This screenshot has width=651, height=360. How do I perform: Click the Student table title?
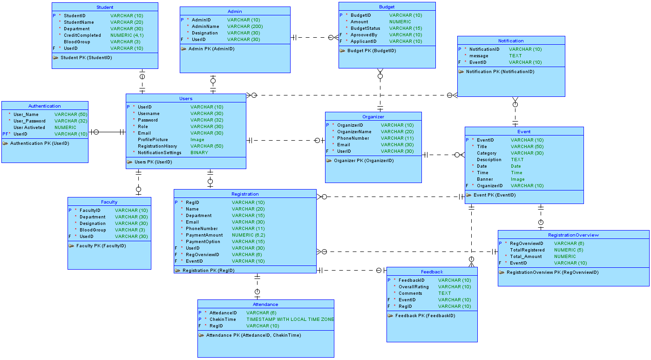(x=105, y=7)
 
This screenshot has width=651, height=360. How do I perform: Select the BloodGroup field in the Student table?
(x=77, y=42)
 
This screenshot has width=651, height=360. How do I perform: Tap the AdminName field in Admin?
(x=205, y=27)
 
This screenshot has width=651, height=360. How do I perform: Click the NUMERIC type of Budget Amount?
(x=400, y=22)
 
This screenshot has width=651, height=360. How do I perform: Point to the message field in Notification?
(x=479, y=56)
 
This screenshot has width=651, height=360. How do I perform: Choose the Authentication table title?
(x=44, y=106)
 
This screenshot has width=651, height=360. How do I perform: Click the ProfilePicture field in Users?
(x=153, y=140)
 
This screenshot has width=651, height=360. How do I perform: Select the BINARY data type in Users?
(x=199, y=153)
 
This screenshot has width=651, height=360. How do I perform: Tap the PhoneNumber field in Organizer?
(x=353, y=138)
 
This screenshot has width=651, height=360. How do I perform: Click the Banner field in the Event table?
(x=485, y=179)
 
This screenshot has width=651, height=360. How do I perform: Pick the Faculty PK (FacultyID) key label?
(x=101, y=246)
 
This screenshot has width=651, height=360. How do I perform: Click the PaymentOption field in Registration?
(x=203, y=242)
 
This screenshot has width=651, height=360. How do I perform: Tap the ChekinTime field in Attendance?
(x=223, y=319)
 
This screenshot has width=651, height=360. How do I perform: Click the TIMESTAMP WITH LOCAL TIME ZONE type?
(x=290, y=319)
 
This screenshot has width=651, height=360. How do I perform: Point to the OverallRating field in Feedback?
(x=414, y=287)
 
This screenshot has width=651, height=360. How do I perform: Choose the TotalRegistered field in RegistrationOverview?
(x=527, y=250)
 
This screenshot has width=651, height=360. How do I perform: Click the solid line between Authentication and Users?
(x=108, y=132)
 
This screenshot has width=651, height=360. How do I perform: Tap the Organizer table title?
(x=373, y=117)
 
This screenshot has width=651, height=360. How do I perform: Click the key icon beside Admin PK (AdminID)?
(x=183, y=49)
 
